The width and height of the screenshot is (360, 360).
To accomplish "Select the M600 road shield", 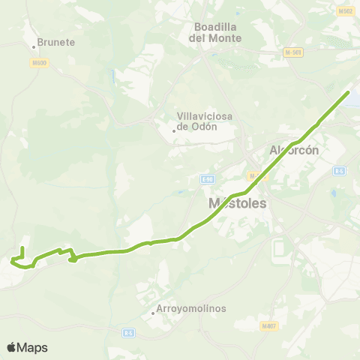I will [x=40, y=63].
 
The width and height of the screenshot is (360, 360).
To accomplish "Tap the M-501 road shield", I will [x=292, y=52].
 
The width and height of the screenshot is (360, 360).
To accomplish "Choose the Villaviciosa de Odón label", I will [x=205, y=121].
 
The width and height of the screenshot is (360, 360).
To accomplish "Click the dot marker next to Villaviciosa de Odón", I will [x=174, y=130].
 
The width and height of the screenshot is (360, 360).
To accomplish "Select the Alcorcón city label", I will [x=295, y=149].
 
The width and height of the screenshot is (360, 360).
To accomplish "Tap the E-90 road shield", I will [x=208, y=178].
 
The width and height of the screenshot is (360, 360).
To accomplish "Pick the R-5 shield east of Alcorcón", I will [x=340, y=171].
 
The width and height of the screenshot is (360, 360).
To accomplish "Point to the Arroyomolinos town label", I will [x=191, y=308].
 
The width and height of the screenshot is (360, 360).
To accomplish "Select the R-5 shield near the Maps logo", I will [x=129, y=331].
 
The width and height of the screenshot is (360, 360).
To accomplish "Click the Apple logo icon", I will [x=11, y=347].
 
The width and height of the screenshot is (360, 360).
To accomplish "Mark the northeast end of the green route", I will [x=349, y=92].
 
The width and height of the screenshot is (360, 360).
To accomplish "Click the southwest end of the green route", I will [x=22, y=248].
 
